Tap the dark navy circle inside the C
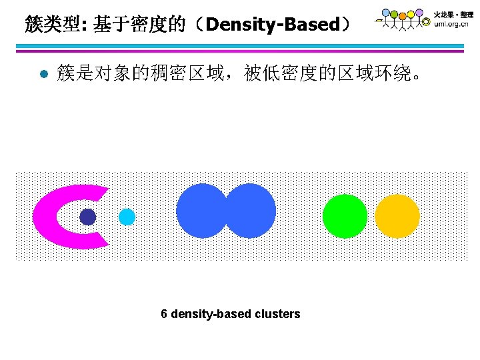87,217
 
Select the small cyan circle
127,217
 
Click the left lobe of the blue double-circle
199,211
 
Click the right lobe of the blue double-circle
253,211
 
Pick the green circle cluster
345,216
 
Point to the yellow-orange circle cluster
397,216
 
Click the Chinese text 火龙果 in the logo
443,14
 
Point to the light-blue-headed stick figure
386,13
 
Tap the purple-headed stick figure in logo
419,13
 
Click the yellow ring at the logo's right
426,22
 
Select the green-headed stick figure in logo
394,15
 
